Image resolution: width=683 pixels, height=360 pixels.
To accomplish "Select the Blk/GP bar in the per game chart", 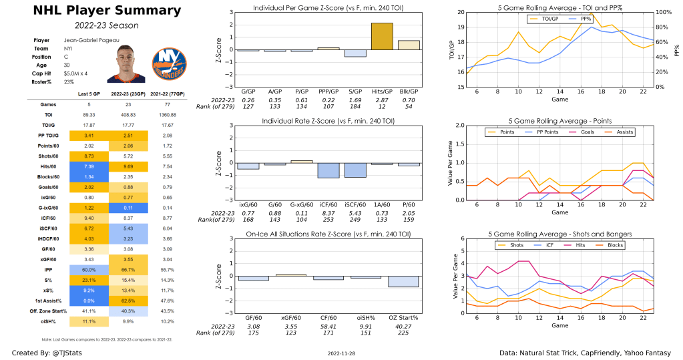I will (409, 45).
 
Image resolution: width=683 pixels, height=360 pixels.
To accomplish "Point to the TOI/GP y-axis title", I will (452, 50).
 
